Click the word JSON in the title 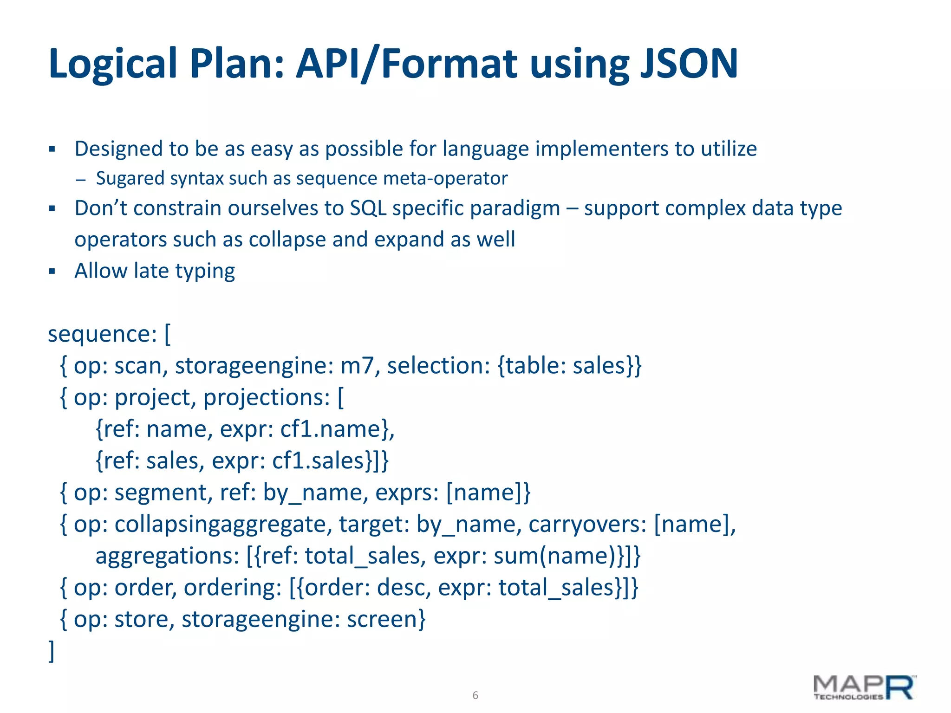[x=689, y=64]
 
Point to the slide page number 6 [x=475, y=695]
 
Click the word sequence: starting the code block [x=103, y=334]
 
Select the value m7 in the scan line [x=357, y=366]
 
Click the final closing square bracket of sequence [x=52, y=651]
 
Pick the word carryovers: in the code [x=587, y=525]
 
